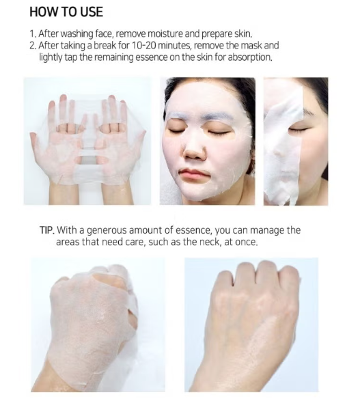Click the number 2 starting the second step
[32, 45]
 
